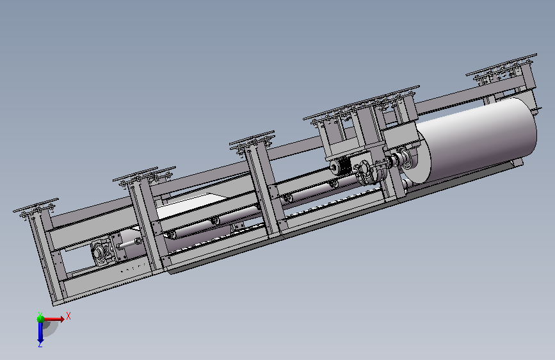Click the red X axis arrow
coord(53,319)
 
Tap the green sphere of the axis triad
coord(41,319)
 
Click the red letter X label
coord(68,316)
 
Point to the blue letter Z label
coord(40,345)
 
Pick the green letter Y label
coord(40,314)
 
